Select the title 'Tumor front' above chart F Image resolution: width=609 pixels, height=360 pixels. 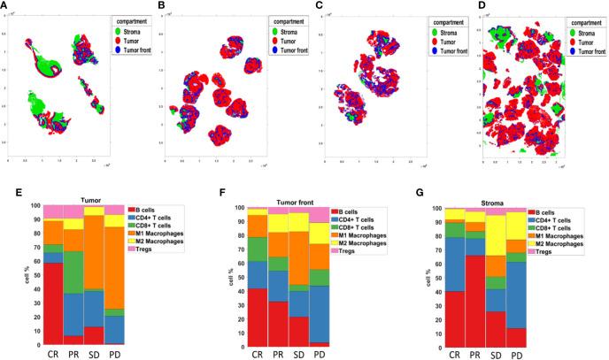coord(277,201)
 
